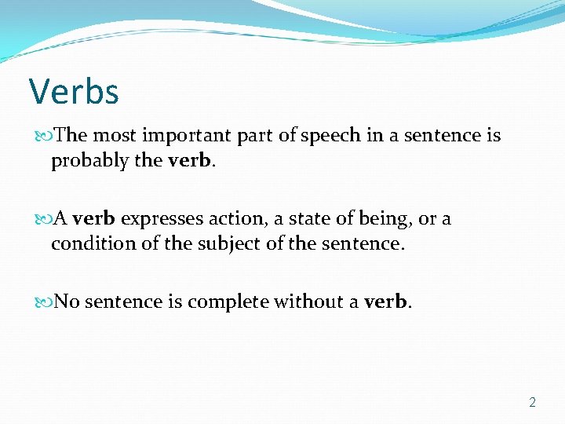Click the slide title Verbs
74,92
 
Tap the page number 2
533,402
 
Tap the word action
239,219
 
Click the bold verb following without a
385,302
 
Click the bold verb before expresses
93,219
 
